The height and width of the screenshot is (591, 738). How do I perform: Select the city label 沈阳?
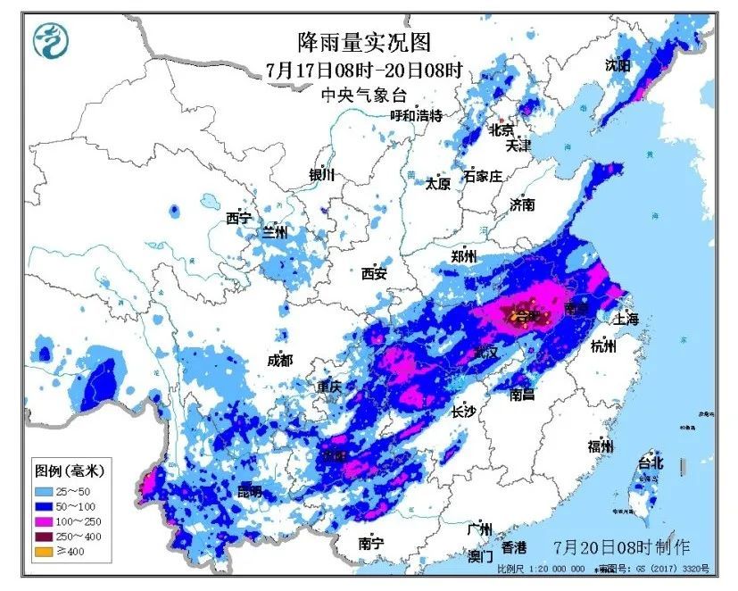[x=617, y=65]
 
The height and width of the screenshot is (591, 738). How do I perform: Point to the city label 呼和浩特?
[x=416, y=116]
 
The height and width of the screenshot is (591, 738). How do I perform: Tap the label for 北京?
[x=502, y=130]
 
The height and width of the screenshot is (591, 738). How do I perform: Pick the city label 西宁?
[x=238, y=218]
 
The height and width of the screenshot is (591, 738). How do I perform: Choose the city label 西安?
[x=374, y=274]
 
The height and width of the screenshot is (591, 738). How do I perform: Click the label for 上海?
[x=626, y=319]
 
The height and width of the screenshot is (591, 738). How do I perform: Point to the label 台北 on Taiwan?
[x=650, y=462]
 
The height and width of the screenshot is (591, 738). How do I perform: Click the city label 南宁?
[x=370, y=543]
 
